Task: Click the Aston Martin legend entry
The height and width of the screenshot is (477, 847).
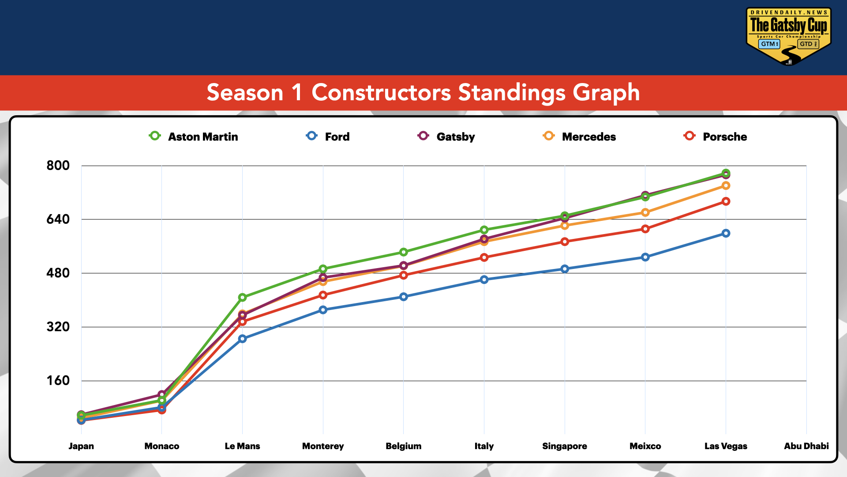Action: point(194,136)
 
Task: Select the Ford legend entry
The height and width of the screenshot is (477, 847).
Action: point(328,136)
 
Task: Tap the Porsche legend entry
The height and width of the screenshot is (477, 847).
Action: point(716,136)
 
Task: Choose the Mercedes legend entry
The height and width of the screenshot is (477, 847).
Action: point(580,136)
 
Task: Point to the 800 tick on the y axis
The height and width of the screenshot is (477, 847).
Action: point(58,166)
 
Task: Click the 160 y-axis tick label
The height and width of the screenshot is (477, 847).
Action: point(58,381)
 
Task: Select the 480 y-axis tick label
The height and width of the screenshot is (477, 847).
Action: point(58,273)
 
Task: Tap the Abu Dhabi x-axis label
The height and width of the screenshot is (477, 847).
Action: point(806,446)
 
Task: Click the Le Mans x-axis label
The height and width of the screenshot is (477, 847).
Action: point(242,446)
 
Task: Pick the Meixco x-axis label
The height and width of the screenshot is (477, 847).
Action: point(645,446)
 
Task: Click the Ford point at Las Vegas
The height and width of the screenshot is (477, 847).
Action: point(726,233)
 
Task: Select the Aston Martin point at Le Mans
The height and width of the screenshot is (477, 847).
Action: point(242,298)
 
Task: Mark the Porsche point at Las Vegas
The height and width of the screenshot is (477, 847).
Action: point(726,201)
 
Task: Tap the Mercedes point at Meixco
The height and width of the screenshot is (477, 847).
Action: point(645,212)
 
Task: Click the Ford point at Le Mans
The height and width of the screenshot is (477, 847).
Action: point(242,339)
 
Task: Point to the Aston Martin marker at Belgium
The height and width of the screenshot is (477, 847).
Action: point(403,252)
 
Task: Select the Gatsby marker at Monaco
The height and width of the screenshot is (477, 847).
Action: point(161,394)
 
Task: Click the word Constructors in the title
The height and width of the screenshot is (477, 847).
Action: point(381,93)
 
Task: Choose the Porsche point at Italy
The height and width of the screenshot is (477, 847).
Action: point(484,257)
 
